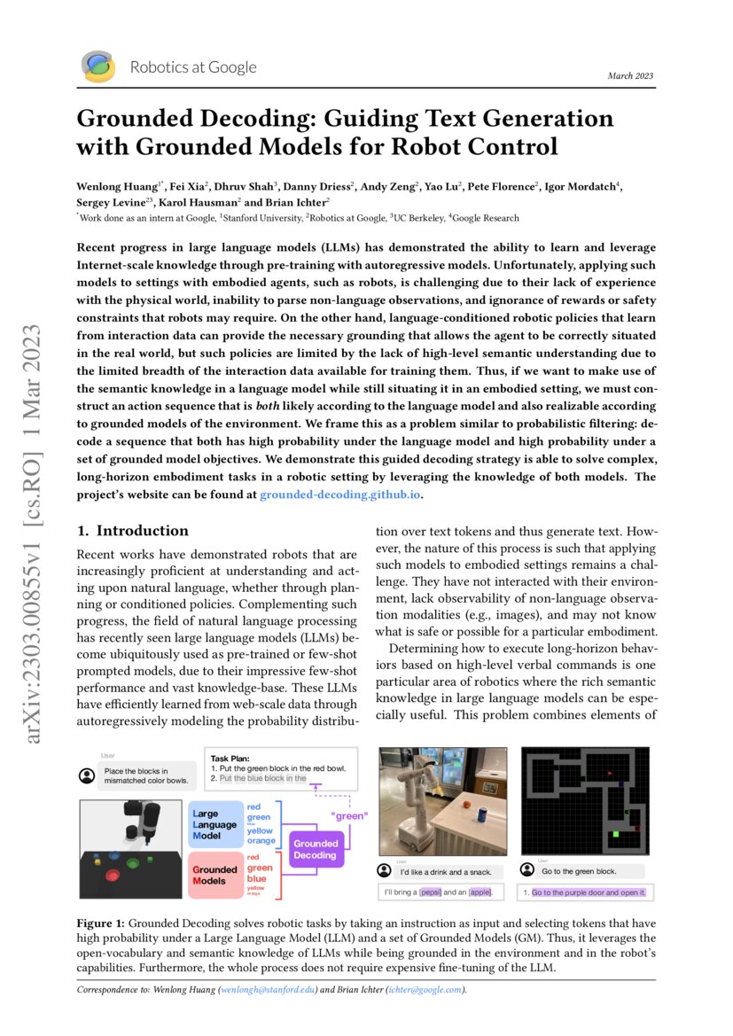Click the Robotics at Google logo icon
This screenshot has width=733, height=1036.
(x=97, y=66)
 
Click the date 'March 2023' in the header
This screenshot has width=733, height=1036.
(x=630, y=76)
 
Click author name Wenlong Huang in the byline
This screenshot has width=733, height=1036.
(x=117, y=186)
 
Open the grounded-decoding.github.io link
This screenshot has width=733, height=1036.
(x=339, y=495)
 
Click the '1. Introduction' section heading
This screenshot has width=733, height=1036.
(x=133, y=531)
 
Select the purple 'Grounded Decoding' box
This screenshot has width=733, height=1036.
(x=316, y=849)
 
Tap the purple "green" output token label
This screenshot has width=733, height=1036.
(x=348, y=815)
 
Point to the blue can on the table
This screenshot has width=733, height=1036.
(x=483, y=814)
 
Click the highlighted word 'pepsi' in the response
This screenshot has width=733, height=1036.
(x=431, y=892)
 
